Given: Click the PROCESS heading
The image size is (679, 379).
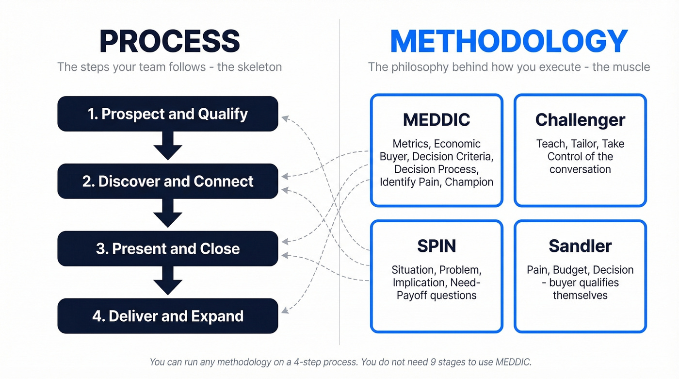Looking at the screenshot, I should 169,41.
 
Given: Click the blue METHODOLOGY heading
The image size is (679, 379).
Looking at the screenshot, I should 509,41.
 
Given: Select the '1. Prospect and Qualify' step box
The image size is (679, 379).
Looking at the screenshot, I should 168,114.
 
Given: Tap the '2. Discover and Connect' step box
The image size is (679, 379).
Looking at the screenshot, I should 168,181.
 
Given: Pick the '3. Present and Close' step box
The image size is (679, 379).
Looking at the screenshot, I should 168,249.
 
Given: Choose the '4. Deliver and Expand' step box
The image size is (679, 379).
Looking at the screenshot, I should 168,316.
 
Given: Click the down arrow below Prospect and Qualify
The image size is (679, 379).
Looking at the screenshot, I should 168,146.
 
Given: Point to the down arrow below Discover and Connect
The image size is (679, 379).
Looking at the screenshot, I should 168,214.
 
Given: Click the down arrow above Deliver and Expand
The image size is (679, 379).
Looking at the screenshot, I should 168,281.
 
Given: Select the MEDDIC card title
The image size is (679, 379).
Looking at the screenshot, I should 436,120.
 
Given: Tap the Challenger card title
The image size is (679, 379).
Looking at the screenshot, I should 580,120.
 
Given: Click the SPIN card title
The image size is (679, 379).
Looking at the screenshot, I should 436,246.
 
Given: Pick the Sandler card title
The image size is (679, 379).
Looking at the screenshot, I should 580,246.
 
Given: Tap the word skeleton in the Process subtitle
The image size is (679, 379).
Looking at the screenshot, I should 260,67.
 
